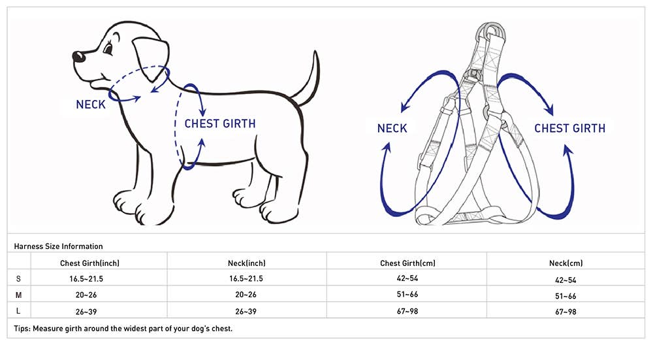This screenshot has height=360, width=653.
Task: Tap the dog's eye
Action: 108,48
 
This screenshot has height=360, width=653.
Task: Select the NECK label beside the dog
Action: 91,105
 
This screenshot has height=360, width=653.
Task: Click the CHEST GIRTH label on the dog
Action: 220,123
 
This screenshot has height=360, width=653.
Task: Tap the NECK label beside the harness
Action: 392,128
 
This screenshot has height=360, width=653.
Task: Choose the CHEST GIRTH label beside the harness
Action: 569,128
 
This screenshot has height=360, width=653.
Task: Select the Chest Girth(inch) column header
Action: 89,263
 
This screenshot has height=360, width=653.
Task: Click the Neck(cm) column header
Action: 565,263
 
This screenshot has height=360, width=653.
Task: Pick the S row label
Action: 18,279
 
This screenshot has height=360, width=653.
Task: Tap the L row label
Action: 18,311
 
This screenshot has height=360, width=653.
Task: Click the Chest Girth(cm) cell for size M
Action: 407,295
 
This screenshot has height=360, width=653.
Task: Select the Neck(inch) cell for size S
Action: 246,279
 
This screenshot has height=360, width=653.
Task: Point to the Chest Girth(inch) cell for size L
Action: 86,312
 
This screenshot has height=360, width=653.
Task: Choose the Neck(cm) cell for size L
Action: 565,312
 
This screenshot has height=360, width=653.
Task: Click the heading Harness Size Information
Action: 58,246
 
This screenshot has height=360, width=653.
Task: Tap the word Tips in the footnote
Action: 22,329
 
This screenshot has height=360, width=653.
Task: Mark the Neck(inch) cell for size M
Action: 246,295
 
